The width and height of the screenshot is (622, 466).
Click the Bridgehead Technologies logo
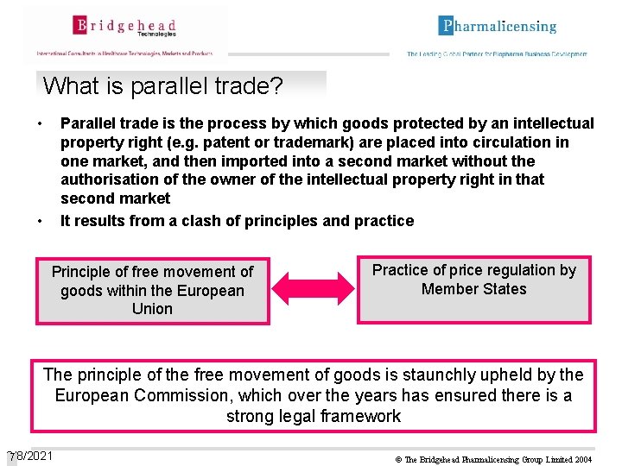tap(124, 28)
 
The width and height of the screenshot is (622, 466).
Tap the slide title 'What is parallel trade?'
tap(162, 86)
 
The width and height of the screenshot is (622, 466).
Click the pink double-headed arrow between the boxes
tap(313, 289)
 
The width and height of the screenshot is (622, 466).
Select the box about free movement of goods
tap(153, 290)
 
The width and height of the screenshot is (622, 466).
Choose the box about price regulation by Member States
tap(474, 289)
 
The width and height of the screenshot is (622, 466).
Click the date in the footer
tap(30, 456)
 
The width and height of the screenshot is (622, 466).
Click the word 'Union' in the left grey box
tap(153, 309)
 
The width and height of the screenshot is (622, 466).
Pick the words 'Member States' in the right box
tap(474, 289)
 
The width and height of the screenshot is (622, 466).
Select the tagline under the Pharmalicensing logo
tap(497, 54)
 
